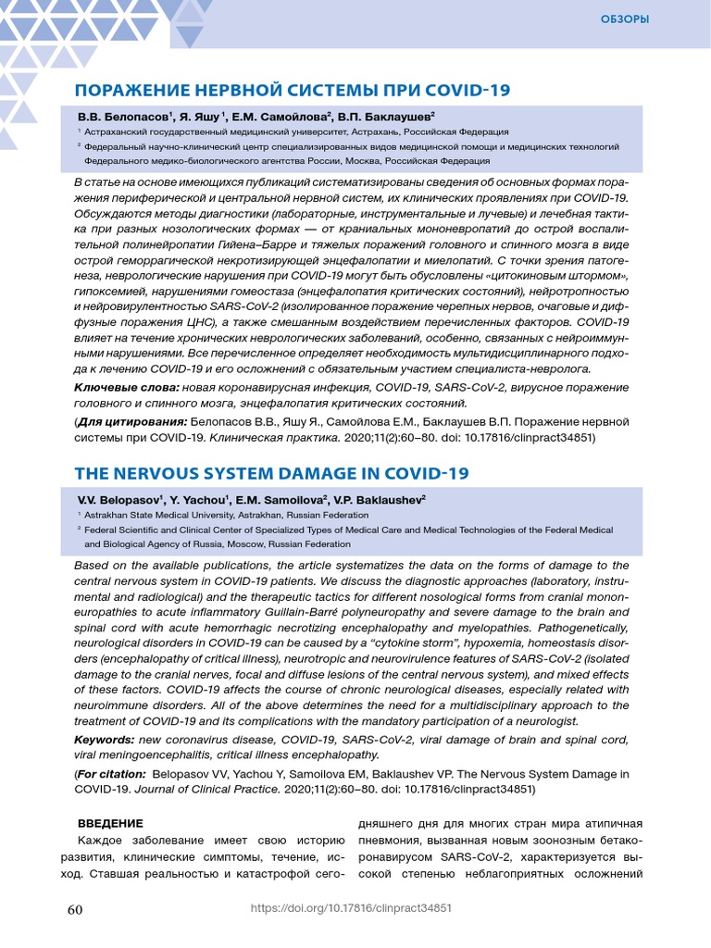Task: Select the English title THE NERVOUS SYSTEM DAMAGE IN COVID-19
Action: (271, 473)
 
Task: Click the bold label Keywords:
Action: (104, 740)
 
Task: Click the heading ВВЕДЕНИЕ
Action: (109, 823)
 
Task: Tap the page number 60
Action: (76, 909)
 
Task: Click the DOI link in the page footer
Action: (351, 909)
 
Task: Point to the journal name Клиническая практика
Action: (262, 437)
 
